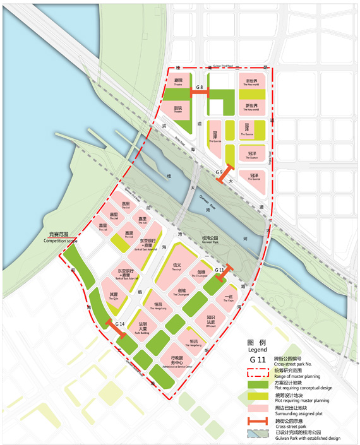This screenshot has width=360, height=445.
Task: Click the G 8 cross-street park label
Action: click(198, 86)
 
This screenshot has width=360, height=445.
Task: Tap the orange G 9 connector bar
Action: click(224, 175)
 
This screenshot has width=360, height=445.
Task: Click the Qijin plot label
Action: click(114, 296)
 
